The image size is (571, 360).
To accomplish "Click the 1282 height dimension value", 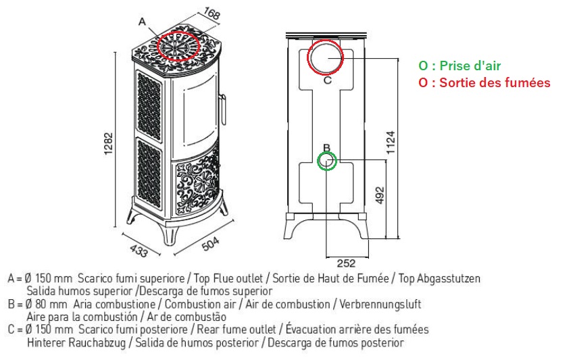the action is [108, 143].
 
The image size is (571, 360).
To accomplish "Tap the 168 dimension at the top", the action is [212, 13].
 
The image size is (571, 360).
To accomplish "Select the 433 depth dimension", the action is [139, 251].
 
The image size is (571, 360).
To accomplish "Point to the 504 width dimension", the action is [211, 244].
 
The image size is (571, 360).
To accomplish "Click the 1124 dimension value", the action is [391, 143].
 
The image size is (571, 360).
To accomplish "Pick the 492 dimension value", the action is [380, 195].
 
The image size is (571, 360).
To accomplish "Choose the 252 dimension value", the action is [346, 263].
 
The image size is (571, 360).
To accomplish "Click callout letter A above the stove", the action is [142, 22].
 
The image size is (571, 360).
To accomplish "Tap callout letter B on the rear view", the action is [326, 147].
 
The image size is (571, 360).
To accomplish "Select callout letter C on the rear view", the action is [327, 80].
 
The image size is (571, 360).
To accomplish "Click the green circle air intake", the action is [326, 161].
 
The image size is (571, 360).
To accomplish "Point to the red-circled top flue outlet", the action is [178, 46].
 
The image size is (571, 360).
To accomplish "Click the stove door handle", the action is [223, 109].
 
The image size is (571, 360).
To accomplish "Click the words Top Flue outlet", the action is [228, 278].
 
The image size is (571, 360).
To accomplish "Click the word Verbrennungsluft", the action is [380, 304].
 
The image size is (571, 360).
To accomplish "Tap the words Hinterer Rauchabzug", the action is [76, 342].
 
